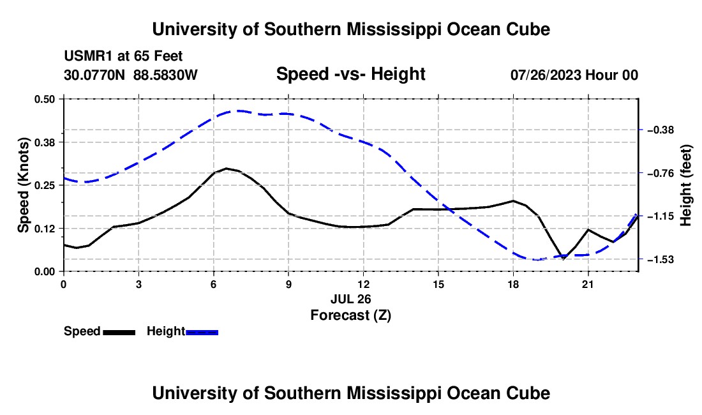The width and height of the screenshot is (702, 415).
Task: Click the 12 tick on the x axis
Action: (x=364, y=284)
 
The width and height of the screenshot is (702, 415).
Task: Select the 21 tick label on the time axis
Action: (x=588, y=284)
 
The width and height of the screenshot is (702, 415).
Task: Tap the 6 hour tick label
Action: (x=214, y=284)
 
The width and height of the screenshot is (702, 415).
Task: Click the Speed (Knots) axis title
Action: (x=23, y=185)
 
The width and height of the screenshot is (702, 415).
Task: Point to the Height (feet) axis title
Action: (x=685, y=185)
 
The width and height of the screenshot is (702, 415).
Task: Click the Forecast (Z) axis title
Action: (x=350, y=315)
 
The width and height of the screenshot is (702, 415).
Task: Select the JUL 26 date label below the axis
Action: (x=350, y=299)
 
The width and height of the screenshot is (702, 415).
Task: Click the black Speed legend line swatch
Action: (x=119, y=333)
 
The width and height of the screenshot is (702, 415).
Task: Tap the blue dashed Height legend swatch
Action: (x=202, y=333)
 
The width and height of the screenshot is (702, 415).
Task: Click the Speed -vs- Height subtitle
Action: (x=350, y=74)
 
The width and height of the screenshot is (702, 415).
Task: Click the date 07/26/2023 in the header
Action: (x=546, y=75)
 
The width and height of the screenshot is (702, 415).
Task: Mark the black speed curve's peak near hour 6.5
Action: (x=227, y=169)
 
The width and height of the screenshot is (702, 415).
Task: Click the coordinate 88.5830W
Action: (x=165, y=75)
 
